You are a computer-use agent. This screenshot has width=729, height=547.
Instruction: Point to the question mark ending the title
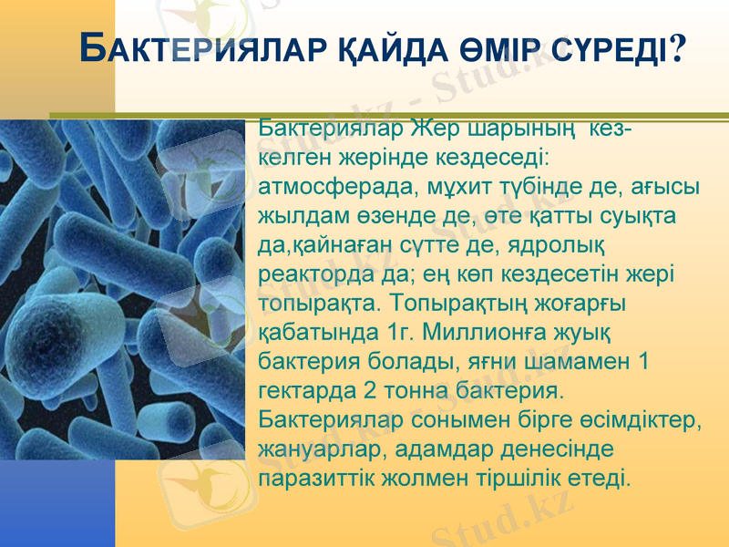pyautogui.click(x=678, y=47)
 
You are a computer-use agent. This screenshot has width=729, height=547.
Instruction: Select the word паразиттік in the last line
pyautogui.click(x=315, y=479)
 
